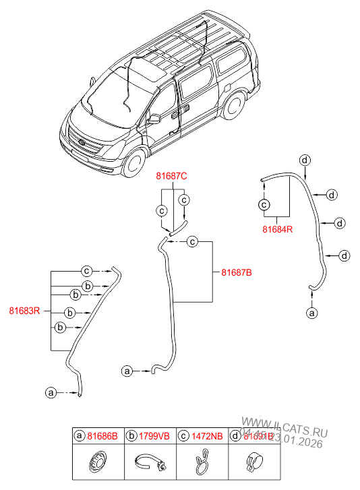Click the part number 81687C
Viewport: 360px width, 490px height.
click(171, 176)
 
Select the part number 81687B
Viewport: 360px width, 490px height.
click(237, 272)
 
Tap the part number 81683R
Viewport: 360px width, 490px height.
click(25, 311)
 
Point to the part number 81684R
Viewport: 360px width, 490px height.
click(277, 229)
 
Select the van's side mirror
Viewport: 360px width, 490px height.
click(154, 119)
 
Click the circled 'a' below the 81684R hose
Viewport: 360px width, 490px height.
click(311, 313)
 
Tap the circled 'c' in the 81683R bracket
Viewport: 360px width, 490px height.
click(86, 271)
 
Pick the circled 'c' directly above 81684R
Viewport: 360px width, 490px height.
click(264, 204)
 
